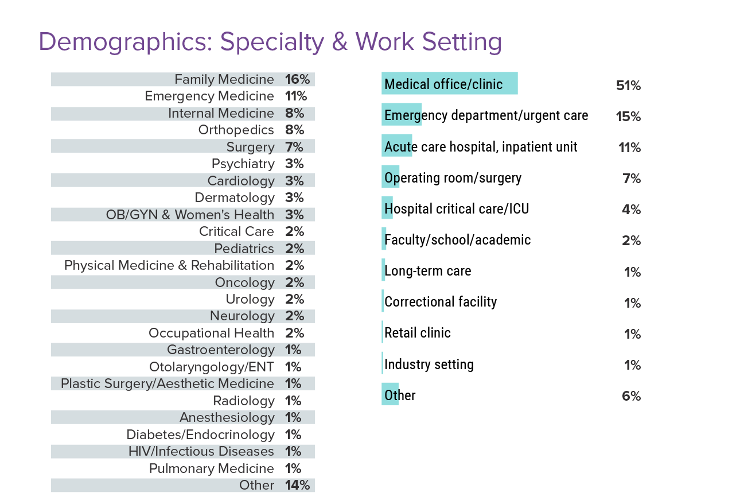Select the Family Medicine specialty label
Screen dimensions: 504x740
click(x=224, y=80)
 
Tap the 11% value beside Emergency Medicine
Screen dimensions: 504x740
click(x=296, y=96)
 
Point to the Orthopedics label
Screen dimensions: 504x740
click(x=236, y=130)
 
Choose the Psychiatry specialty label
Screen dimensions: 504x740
click(x=243, y=164)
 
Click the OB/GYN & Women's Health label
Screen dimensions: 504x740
click(x=190, y=215)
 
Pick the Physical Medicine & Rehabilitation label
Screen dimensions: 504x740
click(x=169, y=266)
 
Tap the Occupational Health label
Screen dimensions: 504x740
click(x=211, y=334)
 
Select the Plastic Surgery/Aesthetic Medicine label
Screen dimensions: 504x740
click(x=168, y=384)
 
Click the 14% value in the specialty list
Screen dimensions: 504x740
click(x=297, y=486)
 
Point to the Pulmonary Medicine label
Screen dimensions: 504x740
click(x=211, y=469)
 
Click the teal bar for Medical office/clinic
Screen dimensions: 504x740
click(x=450, y=84)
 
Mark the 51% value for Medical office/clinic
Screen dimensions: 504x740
click(x=628, y=86)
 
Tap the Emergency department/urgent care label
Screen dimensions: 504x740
click(x=486, y=115)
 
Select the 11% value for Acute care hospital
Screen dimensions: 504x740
click(x=629, y=148)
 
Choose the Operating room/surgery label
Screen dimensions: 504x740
click(x=453, y=178)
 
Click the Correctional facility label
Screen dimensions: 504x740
click(x=441, y=302)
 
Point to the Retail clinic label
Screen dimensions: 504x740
click(x=418, y=333)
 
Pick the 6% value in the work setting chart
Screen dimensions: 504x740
click(x=631, y=396)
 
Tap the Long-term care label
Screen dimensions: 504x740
click(x=428, y=271)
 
